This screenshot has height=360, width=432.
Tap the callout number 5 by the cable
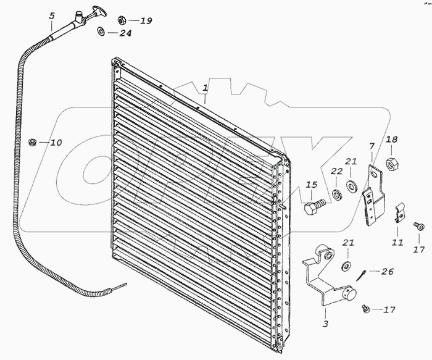click(51, 15)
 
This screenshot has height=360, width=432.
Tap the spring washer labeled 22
click(336, 196)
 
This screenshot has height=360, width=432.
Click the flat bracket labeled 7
click(372, 196)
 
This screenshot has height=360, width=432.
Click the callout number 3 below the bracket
click(325, 323)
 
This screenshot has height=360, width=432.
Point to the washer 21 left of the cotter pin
click(344, 267)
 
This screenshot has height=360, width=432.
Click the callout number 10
click(56, 143)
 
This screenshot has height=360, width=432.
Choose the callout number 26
click(387, 271)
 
